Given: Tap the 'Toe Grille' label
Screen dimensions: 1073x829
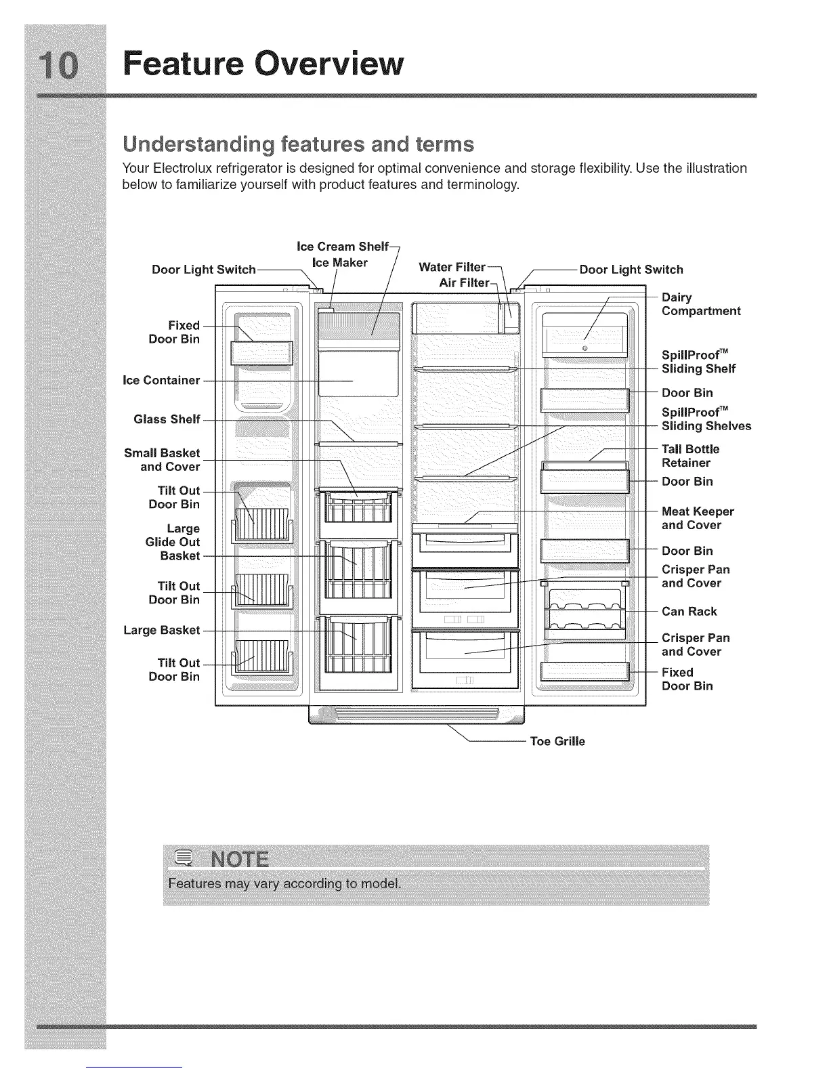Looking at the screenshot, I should pos(557,741).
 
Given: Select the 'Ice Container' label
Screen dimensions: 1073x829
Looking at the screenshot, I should pos(161,380).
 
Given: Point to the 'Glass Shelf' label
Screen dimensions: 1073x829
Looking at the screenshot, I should pos(167,419).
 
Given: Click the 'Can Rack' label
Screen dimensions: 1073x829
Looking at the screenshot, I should pos(689,611).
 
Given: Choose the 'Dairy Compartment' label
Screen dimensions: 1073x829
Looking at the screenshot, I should pos(700,304).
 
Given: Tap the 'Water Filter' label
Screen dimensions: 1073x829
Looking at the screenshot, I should pos(452,267).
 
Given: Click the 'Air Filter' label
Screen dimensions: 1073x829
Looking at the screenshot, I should pos(463,282).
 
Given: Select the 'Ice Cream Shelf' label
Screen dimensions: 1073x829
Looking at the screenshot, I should pos(343,246).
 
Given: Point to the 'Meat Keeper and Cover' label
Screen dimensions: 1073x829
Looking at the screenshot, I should pos(698,518).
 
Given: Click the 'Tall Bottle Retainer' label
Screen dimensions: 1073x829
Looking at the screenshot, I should pos(690,456).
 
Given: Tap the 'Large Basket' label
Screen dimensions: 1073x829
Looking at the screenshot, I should pos(161,630).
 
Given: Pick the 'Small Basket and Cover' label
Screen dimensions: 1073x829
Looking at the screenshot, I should pos(162,460).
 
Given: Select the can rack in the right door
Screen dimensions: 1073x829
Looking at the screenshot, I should pos(586,612).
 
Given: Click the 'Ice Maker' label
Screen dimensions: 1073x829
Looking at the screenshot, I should pos(339,262).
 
